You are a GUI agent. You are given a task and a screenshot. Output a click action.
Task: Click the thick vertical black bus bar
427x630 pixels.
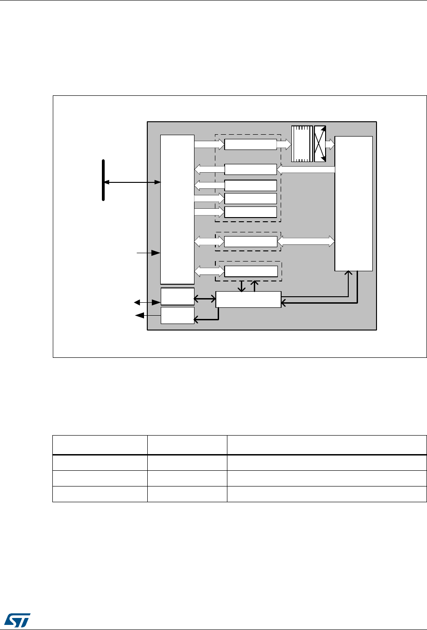click(103, 180)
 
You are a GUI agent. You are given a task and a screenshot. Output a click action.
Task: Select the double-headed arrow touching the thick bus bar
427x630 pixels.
click(132, 183)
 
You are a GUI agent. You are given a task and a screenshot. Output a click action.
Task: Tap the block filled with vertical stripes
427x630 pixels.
click(301, 143)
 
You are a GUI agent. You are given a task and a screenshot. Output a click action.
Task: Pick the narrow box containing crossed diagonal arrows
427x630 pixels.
click(320, 143)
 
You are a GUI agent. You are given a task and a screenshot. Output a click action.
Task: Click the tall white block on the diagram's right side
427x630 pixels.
click(353, 203)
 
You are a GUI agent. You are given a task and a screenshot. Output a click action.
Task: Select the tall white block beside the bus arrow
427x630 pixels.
click(177, 209)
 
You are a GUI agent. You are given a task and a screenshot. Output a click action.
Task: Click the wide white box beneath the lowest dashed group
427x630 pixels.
click(248, 299)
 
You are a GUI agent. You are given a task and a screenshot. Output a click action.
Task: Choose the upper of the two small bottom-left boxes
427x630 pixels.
click(177, 296)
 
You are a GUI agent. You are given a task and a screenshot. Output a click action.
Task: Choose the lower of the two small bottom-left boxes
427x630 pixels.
click(177, 315)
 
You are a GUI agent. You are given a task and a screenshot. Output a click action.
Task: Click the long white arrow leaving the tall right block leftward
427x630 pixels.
click(306, 170)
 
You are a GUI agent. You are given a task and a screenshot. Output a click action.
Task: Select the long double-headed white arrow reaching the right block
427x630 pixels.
click(306, 241)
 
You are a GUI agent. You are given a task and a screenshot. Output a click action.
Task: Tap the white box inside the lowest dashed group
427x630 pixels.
click(251, 271)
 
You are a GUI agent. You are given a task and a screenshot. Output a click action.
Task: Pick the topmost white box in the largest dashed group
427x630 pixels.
click(251, 144)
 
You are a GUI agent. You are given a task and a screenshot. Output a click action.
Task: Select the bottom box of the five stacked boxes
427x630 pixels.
click(251, 212)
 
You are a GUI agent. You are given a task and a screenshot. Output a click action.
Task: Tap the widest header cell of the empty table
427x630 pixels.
click(327, 445)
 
